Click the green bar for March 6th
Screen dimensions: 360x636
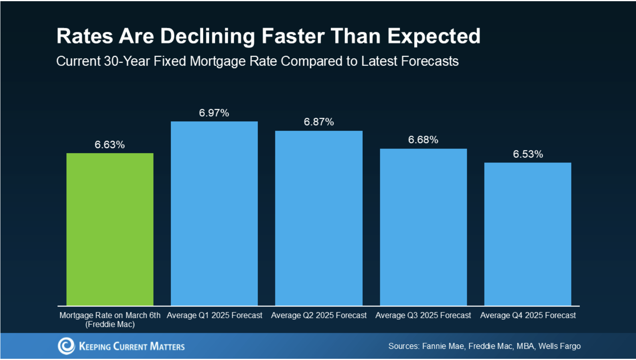110,229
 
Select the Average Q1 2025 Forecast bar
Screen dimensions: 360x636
214,214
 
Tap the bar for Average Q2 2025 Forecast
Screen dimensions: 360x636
319,218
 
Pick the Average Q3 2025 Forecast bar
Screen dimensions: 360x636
423,227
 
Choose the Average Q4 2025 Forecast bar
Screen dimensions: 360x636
527,234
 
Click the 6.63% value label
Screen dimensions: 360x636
110,144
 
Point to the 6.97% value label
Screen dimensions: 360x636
214,113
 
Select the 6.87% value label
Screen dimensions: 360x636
319,122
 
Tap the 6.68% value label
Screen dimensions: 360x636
423,140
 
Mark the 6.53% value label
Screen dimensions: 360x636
528,154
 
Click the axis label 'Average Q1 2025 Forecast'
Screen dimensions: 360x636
214,315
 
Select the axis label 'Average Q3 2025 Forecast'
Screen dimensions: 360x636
423,315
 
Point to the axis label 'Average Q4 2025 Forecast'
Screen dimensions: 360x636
528,315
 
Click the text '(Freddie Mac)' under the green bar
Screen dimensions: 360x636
110,324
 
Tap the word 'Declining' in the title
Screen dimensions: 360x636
207,36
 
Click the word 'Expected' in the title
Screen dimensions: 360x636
434,36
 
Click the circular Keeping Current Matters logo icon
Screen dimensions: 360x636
66,346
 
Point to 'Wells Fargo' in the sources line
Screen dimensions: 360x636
559,346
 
